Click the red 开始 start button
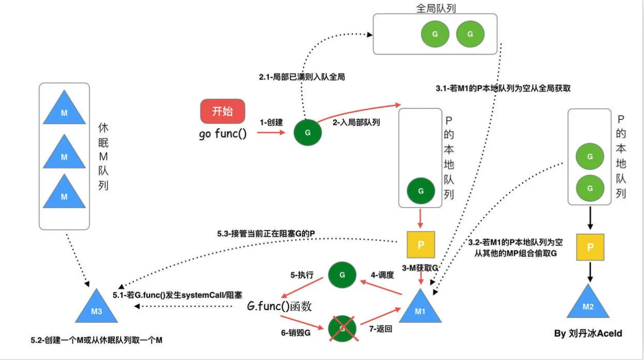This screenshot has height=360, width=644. coord(223,111)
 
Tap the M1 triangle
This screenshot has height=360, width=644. coord(420,307)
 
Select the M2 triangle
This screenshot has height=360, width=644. coord(588,303)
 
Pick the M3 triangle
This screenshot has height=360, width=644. coord(96,307)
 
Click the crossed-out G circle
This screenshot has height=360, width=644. coord(342,328)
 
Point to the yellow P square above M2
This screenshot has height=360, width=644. coord(590,247)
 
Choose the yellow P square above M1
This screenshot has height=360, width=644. coord(421,245)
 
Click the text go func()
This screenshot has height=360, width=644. coord(223,134)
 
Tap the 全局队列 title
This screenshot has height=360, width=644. coord(436,9)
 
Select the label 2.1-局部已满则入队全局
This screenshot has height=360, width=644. coord(302,77)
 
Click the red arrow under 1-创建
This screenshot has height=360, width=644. coord(271,133)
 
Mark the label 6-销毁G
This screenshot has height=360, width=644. coord(296,333)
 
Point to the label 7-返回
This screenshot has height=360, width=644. coord(380,329)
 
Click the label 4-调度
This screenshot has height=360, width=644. coord(382,275)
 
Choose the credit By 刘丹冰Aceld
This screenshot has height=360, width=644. coord(588,333)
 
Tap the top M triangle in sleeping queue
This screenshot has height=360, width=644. coord(64,109)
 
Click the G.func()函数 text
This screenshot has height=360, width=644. coord(280,306)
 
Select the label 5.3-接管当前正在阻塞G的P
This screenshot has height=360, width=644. coord(266,233)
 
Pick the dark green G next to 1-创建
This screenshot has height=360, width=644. coord(308,133)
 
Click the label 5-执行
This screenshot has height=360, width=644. coord(302,275)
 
